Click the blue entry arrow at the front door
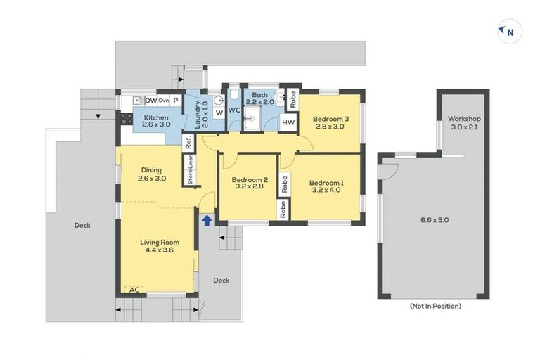207,220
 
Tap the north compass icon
510,32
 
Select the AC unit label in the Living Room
134,290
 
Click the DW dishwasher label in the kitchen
151,101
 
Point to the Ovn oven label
164,101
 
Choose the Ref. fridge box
188,142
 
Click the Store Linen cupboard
190,169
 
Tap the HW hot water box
288,122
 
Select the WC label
234,110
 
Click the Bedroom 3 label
330,119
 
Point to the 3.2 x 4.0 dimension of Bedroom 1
326,190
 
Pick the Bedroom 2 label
250,179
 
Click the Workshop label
464,119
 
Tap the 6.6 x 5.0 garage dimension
435,220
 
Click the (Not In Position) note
435,306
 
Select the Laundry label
198,115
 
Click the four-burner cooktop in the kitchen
127,119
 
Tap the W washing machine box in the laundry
219,112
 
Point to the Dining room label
151,170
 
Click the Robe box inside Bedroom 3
292,99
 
